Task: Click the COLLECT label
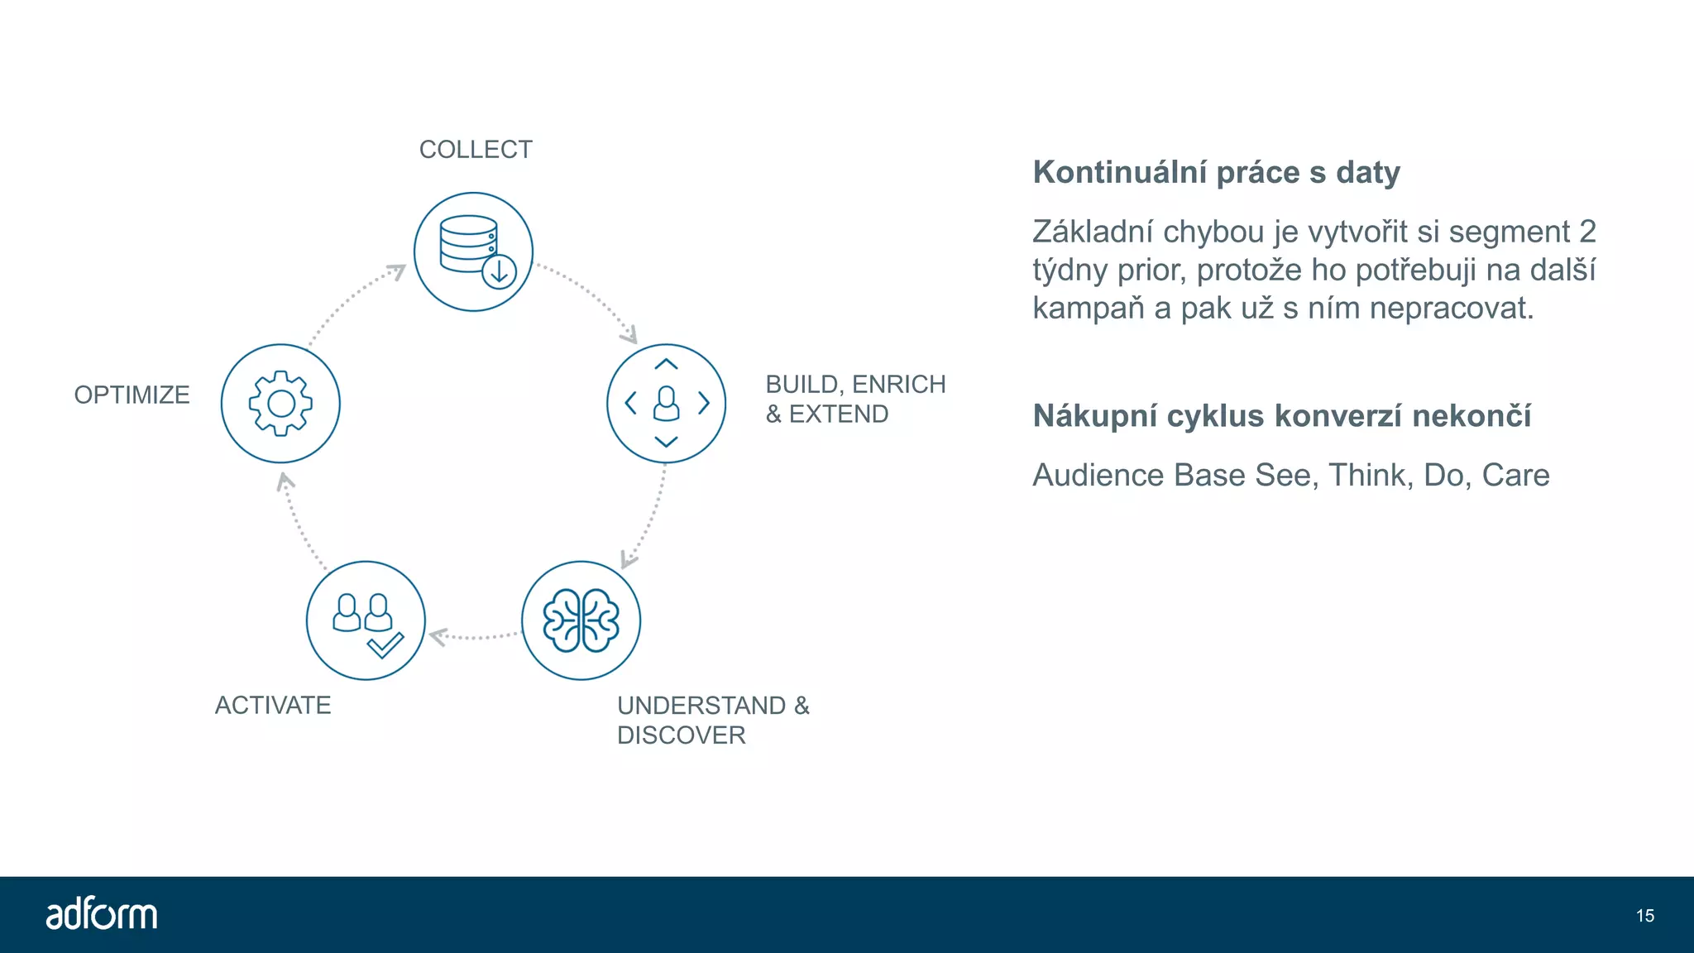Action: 476,150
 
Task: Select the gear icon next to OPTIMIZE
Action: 280,403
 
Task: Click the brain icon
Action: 581,620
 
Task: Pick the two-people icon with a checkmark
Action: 366,621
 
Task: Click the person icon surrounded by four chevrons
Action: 666,404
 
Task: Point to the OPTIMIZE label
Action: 132,395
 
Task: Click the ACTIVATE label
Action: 273,705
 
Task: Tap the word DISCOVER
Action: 681,735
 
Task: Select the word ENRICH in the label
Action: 898,385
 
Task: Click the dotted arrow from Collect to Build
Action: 591,298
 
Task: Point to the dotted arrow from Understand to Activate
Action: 473,636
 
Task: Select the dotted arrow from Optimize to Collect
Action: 352,301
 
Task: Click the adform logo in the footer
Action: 101,914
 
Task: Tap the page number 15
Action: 1644,916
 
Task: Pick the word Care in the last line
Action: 1515,475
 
